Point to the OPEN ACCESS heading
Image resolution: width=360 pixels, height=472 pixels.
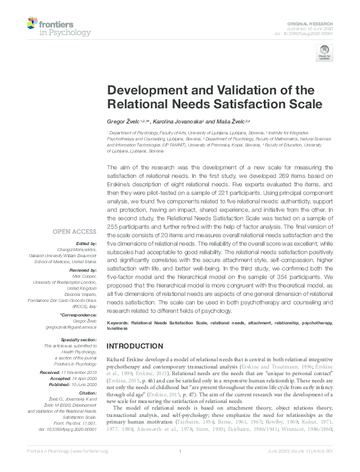tap(75, 231)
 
